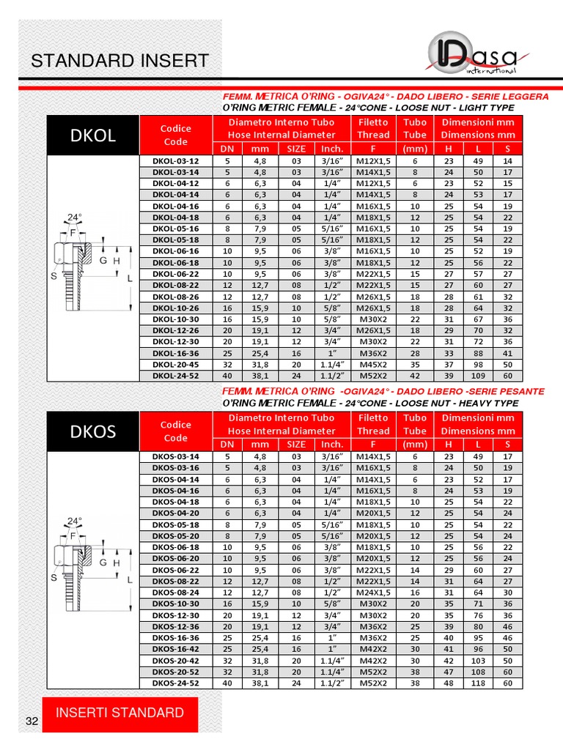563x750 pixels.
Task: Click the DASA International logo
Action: pyautogui.click(x=472, y=58)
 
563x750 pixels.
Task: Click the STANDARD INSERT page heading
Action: pyautogui.click(x=119, y=61)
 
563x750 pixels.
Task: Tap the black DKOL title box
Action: pyautogui.click(x=93, y=135)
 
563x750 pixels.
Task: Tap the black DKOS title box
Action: pyautogui.click(x=93, y=431)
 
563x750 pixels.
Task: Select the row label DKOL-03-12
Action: pyautogui.click(x=175, y=160)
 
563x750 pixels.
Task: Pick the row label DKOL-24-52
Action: pyautogui.click(x=175, y=375)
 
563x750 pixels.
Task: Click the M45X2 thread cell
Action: pyautogui.click(x=373, y=364)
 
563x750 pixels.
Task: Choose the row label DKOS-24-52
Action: pyautogui.click(x=175, y=683)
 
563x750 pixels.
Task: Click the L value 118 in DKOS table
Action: pyautogui.click(x=478, y=683)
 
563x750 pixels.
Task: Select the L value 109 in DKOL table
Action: pyautogui.click(x=478, y=375)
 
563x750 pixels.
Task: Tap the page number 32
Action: pyautogui.click(x=32, y=721)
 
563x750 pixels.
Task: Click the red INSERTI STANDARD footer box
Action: pyautogui.click(x=119, y=713)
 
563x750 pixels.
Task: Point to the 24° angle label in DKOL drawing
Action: pyautogui.click(x=74, y=217)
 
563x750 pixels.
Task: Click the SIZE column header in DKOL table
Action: pyautogui.click(x=296, y=148)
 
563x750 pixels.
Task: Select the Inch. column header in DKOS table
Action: pyautogui.click(x=332, y=444)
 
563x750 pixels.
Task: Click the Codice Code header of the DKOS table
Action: pyautogui.click(x=175, y=431)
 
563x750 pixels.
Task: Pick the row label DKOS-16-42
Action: pyautogui.click(x=175, y=649)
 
